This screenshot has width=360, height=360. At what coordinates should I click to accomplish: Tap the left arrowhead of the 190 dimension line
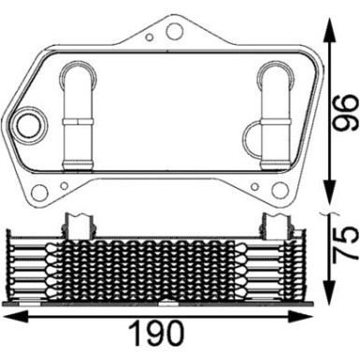click(7, 318)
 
